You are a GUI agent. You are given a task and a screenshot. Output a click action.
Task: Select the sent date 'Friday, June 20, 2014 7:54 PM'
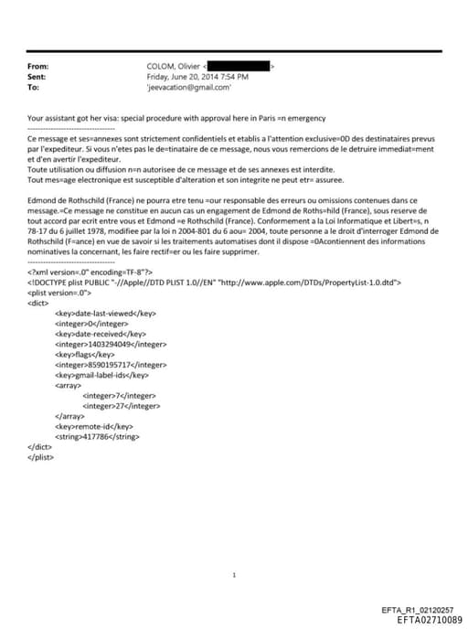197,78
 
